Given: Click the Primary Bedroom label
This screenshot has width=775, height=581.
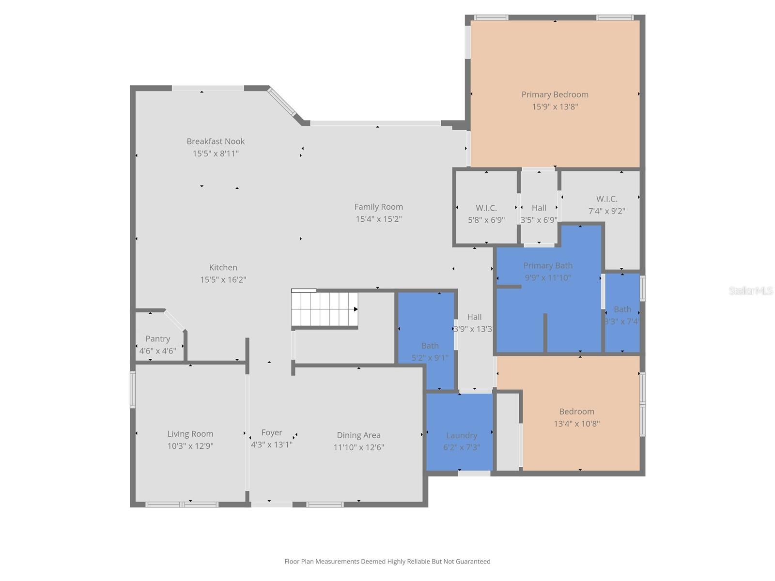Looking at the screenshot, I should point(555,94).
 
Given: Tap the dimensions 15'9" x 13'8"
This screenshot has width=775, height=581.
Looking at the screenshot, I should point(555,107).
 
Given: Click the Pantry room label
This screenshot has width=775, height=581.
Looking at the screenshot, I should point(158,339).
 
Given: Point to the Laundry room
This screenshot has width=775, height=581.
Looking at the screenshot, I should point(461,435).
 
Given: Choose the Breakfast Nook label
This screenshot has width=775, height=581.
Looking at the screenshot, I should point(216,141).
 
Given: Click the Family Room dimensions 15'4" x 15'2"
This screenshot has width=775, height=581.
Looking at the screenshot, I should point(378,219).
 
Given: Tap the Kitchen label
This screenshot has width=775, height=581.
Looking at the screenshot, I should point(223,267).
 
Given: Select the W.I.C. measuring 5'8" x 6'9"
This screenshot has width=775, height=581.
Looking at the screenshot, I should point(486,208).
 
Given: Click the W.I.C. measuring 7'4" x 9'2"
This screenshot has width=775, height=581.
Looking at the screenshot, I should point(606,199).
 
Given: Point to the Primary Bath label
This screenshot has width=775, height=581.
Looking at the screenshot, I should point(548,265).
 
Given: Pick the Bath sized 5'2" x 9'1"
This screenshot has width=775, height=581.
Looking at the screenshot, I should point(430,346).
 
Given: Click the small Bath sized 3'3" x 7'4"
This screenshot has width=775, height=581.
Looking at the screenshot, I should point(622,309).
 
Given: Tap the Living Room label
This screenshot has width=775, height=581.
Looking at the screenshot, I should point(190,434).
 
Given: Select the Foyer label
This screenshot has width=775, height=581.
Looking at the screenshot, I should point(271,432).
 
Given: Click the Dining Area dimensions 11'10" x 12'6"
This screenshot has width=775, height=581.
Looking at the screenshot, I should point(358,447).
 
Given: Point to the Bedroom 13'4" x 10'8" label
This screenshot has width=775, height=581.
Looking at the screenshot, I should point(576,412).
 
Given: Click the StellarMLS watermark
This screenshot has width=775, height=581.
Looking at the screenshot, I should point(751,290).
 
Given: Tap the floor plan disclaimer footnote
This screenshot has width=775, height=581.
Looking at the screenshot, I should point(387,561).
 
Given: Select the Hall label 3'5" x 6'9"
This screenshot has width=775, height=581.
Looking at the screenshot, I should point(539,208).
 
